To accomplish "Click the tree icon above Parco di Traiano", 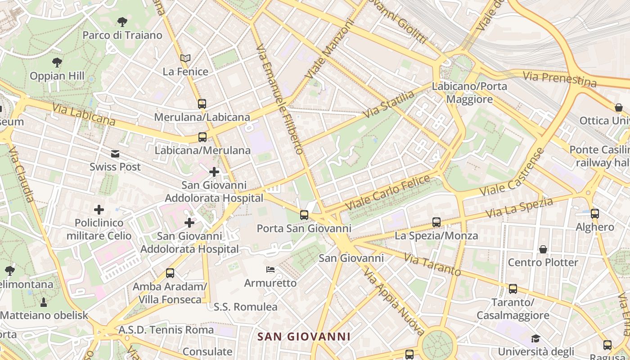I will [x=122, y=22].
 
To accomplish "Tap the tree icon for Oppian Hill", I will [x=57, y=63].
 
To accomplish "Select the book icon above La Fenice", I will [x=185, y=58].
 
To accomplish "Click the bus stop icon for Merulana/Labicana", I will [x=202, y=104].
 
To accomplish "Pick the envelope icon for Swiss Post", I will [x=115, y=154].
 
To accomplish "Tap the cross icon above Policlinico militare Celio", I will [x=99, y=210].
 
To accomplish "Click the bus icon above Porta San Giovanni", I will [x=304, y=215].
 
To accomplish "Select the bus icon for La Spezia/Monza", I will [x=436, y=222].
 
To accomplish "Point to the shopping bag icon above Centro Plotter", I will [x=543, y=249].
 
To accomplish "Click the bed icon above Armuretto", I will [x=270, y=270].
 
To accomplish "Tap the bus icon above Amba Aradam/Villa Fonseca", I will [x=170, y=273].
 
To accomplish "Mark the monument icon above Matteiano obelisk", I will [x=44, y=301].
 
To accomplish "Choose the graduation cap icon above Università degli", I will [x=535, y=338].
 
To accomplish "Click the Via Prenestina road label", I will [x=559, y=79].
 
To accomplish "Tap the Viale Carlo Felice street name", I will [x=388, y=193].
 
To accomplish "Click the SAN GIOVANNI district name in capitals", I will [x=304, y=337].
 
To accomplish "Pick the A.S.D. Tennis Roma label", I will [x=166, y=330].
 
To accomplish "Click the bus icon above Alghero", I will [x=595, y=214].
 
